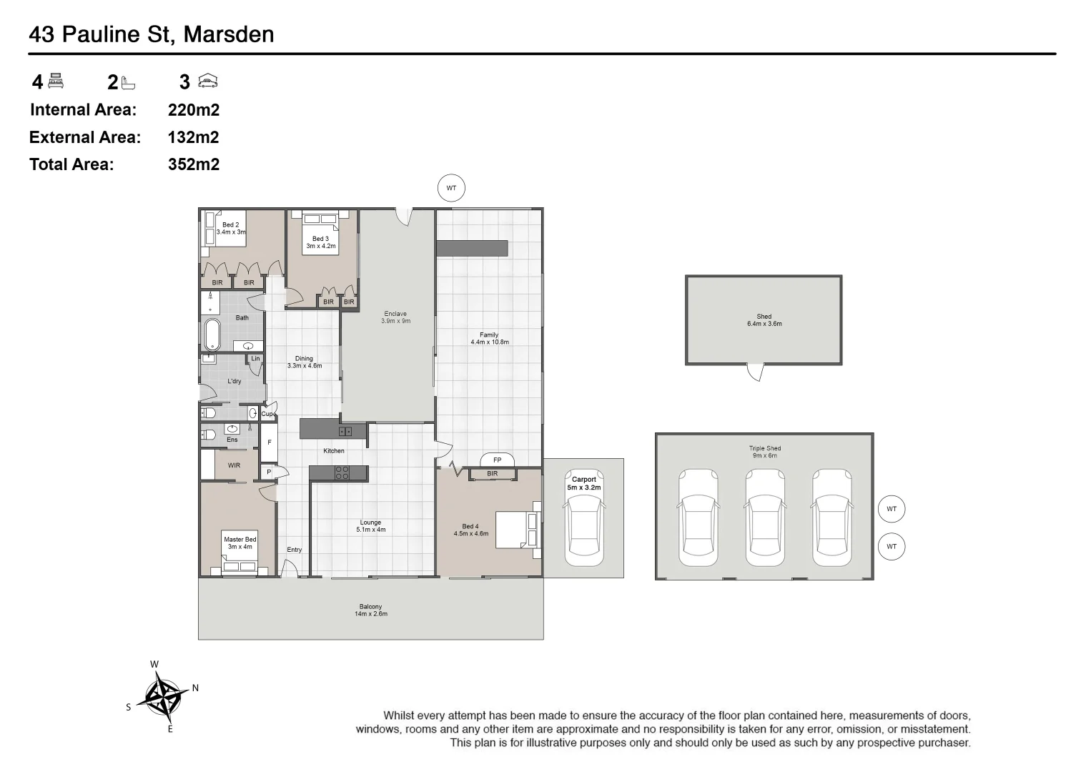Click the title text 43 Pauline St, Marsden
tap(151, 34)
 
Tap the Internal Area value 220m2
tap(193, 110)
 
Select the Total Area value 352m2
tap(193, 164)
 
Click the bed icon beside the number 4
tap(56, 81)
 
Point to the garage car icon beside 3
tap(207, 81)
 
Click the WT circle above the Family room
tap(451, 189)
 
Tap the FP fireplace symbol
tap(497, 460)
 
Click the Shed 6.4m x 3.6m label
tap(764, 320)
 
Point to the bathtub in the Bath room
tap(212, 335)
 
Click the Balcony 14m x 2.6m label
tap(370, 610)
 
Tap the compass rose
tap(163, 696)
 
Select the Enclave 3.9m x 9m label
tap(395, 317)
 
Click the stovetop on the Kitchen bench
tap(342, 472)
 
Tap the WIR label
tap(234, 465)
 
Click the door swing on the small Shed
tap(756, 372)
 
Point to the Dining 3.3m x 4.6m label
tap(305, 362)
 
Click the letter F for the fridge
tap(270, 442)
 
